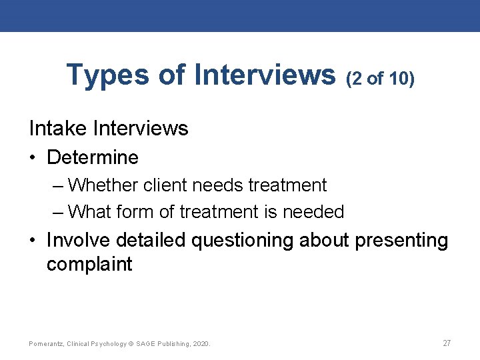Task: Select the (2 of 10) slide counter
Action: click(x=380, y=79)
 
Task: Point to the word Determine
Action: click(x=93, y=158)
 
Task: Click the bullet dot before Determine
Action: click(x=33, y=159)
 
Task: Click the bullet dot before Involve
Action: click(x=33, y=241)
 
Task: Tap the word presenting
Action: click(x=401, y=240)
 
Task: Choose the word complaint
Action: click(x=89, y=264)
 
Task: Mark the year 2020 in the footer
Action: click(x=201, y=343)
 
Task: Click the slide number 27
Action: click(x=447, y=343)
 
